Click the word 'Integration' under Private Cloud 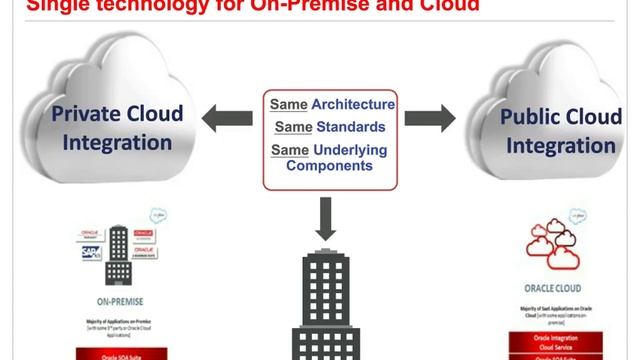point(117,142)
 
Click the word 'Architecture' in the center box point(353,104)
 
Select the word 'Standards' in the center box point(349,127)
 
